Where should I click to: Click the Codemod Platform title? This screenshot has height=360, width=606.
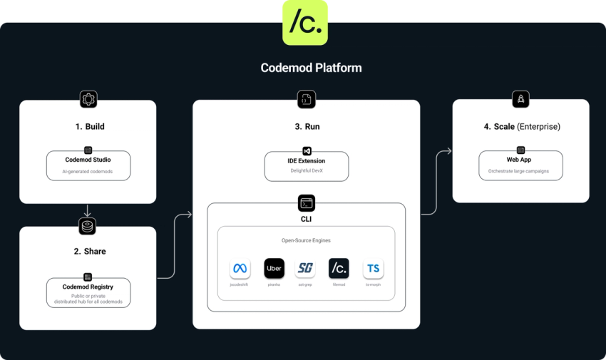(x=311, y=68)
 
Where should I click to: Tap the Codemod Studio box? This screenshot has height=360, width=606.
(x=88, y=165)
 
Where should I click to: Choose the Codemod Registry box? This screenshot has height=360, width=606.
(x=88, y=292)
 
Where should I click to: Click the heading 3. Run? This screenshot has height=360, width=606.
(x=307, y=127)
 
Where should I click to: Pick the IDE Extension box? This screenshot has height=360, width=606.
(x=307, y=165)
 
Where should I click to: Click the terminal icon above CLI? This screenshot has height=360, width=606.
(x=307, y=204)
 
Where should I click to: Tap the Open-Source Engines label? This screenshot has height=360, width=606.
(x=307, y=240)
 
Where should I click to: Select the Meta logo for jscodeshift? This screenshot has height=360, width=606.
(x=240, y=269)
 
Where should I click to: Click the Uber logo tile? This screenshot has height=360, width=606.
(x=274, y=268)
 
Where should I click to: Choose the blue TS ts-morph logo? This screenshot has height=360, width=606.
(x=373, y=269)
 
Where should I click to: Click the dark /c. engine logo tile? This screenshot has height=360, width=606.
(x=339, y=268)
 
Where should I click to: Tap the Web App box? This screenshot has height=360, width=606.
(x=520, y=165)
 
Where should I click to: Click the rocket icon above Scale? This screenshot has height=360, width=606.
(x=520, y=100)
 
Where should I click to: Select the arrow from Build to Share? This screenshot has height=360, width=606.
(x=88, y=210)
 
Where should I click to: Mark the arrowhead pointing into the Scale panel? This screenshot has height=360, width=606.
(x=448, y=150)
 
